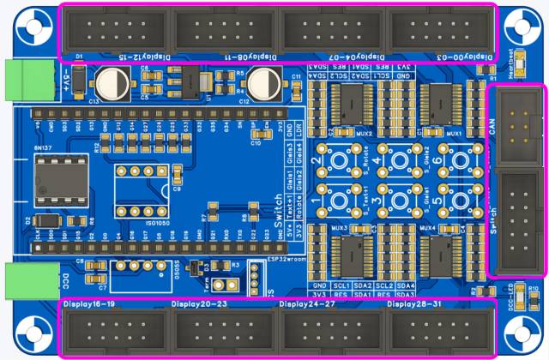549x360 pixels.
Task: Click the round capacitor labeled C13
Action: pyautogui.click(x=112, y=83)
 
